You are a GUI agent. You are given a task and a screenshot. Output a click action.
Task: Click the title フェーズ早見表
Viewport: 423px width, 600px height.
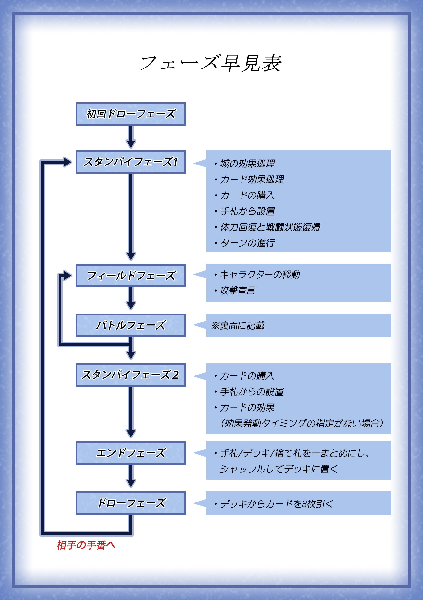click(211, 63)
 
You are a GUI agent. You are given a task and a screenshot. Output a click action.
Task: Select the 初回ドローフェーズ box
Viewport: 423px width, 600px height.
click(131, 114)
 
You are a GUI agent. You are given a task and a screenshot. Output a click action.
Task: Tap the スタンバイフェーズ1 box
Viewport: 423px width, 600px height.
click(131, 162)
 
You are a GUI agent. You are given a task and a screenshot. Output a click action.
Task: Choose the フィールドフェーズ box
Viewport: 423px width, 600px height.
click(131, 275)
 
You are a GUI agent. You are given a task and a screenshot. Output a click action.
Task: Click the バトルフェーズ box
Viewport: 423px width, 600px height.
click(131, 325)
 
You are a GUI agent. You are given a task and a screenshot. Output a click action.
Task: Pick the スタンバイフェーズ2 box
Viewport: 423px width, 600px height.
click(131, 375)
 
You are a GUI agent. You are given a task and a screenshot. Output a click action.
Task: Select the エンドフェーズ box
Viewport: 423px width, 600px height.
click(131, 453)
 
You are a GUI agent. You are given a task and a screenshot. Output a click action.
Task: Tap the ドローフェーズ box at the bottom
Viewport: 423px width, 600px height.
click(131, 503)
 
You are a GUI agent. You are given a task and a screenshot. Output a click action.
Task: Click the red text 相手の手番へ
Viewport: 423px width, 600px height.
click(86, 545)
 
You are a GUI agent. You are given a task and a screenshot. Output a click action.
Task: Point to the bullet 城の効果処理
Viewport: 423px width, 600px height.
click(247, 164)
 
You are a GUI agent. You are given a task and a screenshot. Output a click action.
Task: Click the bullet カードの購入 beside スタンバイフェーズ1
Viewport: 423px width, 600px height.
click(247, 195)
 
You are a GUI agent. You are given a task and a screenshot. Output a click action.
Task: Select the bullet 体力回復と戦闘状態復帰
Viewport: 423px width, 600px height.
click(270, 227)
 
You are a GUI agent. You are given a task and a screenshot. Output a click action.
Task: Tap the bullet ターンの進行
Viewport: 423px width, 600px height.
click(247, 243)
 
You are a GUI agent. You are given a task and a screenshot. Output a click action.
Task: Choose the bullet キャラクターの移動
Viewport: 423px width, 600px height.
click(260, 274)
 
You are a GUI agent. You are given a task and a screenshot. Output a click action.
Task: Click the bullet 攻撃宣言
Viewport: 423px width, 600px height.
click(237, 290)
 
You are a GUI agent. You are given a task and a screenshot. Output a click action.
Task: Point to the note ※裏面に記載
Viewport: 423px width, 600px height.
click(238, 326)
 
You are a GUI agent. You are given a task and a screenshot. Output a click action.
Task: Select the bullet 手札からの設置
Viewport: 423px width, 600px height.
click(252, 391)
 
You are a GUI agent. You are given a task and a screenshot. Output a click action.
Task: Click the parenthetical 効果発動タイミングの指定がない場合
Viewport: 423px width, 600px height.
click(302, 423)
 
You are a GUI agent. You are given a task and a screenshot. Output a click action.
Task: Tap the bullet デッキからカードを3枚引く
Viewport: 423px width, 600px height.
click(276, 503)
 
